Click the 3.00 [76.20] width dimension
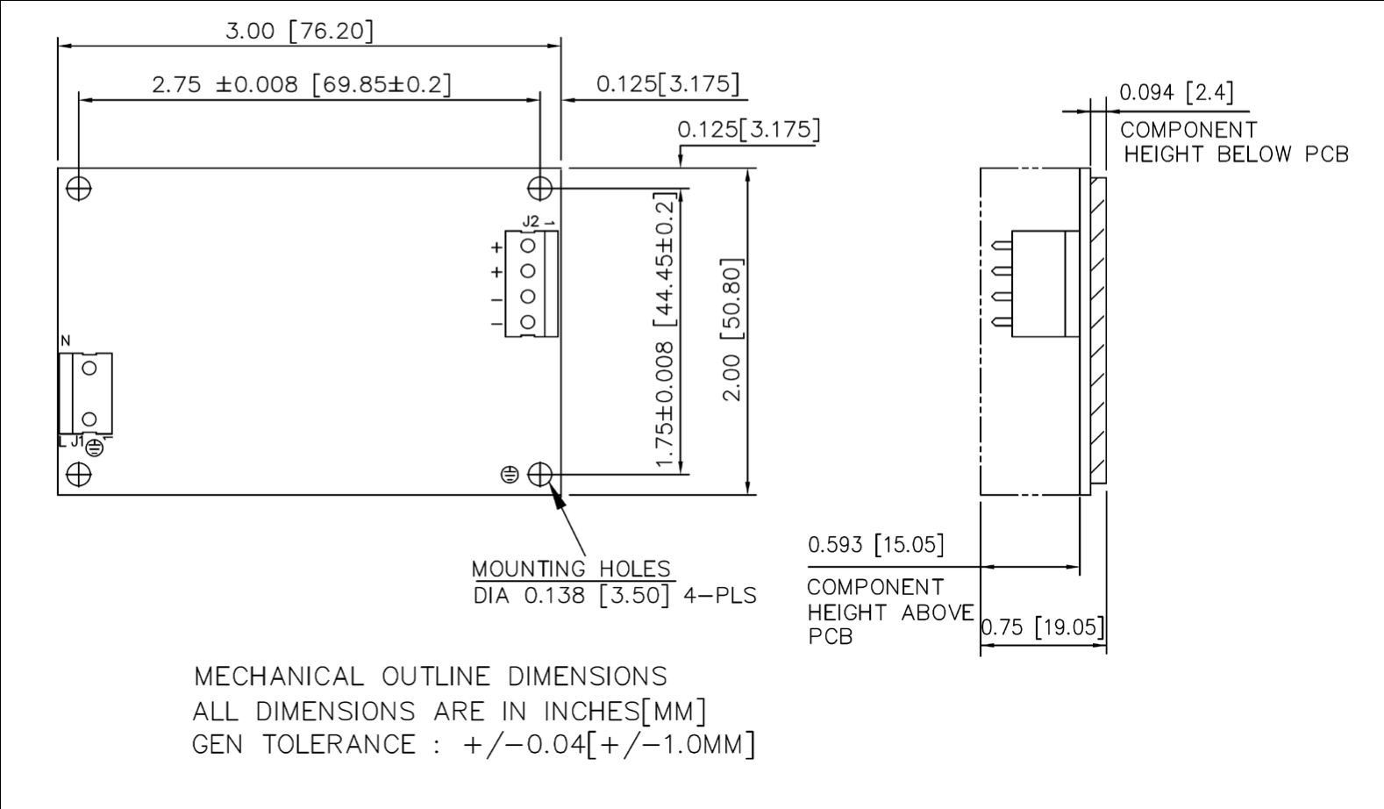299,31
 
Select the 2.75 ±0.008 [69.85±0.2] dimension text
301,84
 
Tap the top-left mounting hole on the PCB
79,189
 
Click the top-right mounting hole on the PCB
539,189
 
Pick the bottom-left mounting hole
79,475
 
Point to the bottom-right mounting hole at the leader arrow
539,475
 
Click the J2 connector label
531,221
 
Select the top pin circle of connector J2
528,246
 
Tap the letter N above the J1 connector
65,340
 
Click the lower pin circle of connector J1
89,419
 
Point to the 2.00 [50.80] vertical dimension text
731,329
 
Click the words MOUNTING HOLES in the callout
571,569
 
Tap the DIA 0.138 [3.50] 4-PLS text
614,595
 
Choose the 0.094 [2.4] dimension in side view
1175,92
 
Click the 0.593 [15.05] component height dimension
875,545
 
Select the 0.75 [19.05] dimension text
1042,627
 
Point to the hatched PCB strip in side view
1098,330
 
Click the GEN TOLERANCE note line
473,744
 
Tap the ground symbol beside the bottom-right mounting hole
510,475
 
